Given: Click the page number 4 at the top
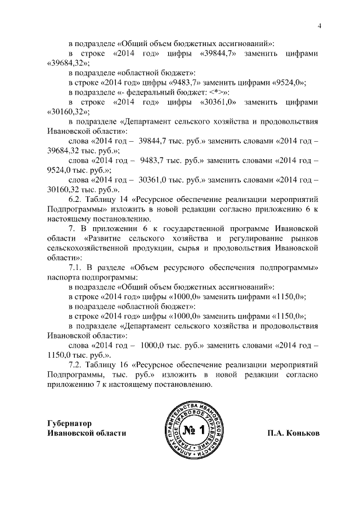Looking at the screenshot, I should click(x=319, y=25).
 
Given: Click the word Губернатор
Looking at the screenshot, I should click(x=69, y=423).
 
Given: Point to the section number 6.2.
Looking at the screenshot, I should click(x=76, y=199).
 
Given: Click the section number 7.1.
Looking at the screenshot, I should click(x=76, y=267).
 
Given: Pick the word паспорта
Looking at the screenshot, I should click(x=63, y=277).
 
